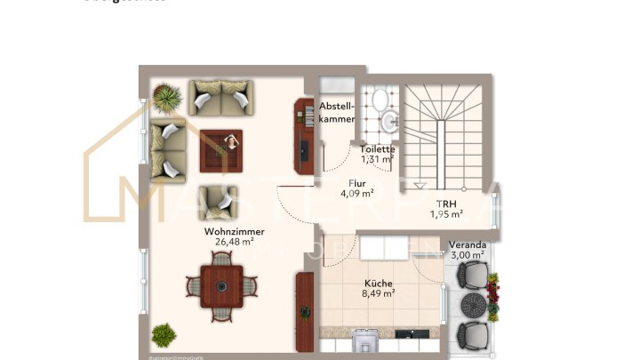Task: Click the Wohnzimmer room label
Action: (228, 230)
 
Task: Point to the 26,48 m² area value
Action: (228, 241)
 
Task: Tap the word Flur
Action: (356, 182)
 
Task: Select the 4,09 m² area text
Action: (356, 193)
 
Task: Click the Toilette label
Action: (377, 149)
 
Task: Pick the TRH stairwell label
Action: (446, 203)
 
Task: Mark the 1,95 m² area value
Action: (446, 214)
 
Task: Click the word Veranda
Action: (467, 244)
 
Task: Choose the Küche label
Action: (378, 283)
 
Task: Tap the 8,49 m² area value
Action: (378, 294)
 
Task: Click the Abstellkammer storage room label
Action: (337, 113)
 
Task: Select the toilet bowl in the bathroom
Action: (380, 99)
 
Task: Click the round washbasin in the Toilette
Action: (388, 121)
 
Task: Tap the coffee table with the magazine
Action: (221, 148)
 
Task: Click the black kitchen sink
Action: (410, 335)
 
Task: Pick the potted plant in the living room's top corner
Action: (166, 97)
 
